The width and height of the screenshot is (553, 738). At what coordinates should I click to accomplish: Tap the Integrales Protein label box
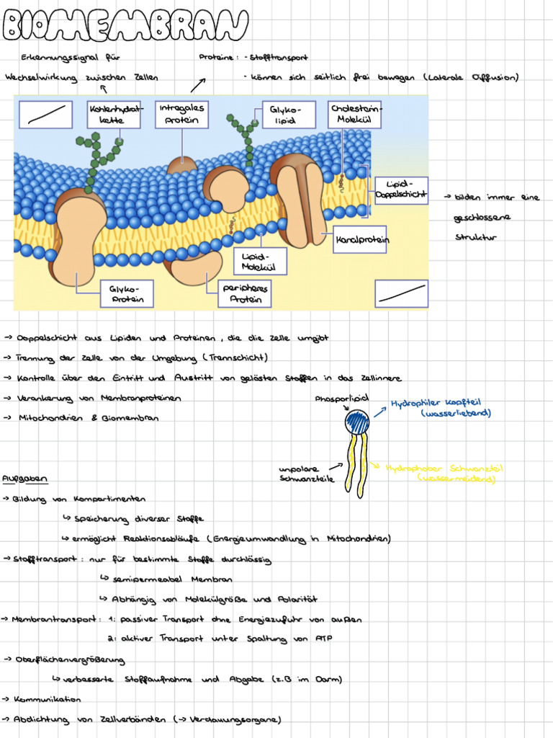click(x=181, y=114)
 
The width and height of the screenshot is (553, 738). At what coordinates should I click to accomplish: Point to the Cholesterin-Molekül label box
click(x=354, y=114)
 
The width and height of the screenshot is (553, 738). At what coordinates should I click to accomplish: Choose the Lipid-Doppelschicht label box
click(x=401, y=189)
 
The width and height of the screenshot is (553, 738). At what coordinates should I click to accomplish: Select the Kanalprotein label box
click(x=359, y=239)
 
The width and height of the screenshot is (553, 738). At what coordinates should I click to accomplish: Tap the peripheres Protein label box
click(x=246, y=293)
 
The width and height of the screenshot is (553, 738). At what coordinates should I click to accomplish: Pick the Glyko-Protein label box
click(x=127, y=293)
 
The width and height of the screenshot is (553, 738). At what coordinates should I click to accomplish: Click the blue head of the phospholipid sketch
click(x=357, y=421)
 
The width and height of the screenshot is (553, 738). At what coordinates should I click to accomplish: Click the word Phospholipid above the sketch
click(x=341, y=399)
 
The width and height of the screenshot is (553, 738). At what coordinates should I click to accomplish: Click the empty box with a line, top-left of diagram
click(x=46, y=115)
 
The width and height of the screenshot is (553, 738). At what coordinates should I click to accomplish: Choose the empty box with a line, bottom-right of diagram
click(x=401, y=293)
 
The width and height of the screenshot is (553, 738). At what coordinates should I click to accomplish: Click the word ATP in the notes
click(x=323, y=639)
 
